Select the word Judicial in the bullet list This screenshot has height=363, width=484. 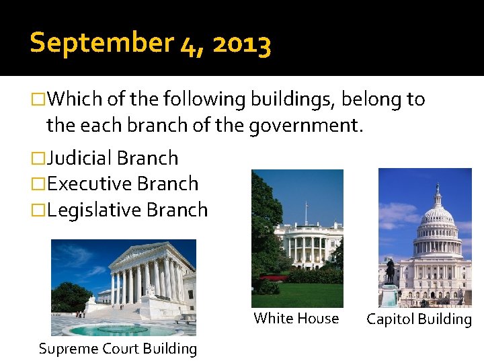click(x=79, y=158)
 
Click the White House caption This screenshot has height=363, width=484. click(x=296, y=319)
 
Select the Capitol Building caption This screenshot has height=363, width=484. click(x=419, y=319)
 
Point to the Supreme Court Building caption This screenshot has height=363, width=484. click(x=118, y=349)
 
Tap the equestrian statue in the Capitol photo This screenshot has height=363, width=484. click(x=389, y=270)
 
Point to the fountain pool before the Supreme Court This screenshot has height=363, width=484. click(x=114, y=329)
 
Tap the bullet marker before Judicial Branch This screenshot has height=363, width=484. click(x=39, y=159)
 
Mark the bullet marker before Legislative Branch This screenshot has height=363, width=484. click(x=39, y=210)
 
